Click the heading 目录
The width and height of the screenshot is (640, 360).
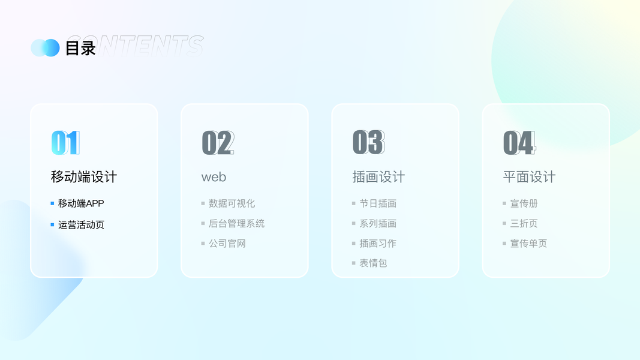pos(80,48)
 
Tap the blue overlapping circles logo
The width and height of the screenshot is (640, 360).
pos(46,48)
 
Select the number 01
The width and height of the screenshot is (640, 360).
pos(65,143)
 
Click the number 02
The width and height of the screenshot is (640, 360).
pos(218,143)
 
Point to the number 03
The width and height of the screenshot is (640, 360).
pos(368,142)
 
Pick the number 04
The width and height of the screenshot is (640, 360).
pos(519,143)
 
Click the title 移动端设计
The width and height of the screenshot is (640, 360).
pos(83,177)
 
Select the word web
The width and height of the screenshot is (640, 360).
pos(214,177)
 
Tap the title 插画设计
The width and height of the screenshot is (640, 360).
pos(378,177)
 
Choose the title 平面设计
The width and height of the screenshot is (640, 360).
pos(529,177)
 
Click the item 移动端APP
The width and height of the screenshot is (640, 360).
pos(81,203)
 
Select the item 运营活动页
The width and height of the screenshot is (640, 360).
pos(81,224)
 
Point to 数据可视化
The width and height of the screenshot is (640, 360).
pos(232,203)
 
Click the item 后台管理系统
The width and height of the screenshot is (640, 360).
pos(237,223)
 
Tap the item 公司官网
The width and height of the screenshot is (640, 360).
pos(227,243)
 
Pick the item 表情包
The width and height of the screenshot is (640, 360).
pos(373,263)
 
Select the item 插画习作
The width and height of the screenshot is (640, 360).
pos(378,243)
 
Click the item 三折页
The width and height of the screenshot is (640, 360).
pos(524,223)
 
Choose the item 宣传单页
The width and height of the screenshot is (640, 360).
pos(528,243)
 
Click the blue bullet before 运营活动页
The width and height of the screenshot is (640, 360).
pos(52,224)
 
